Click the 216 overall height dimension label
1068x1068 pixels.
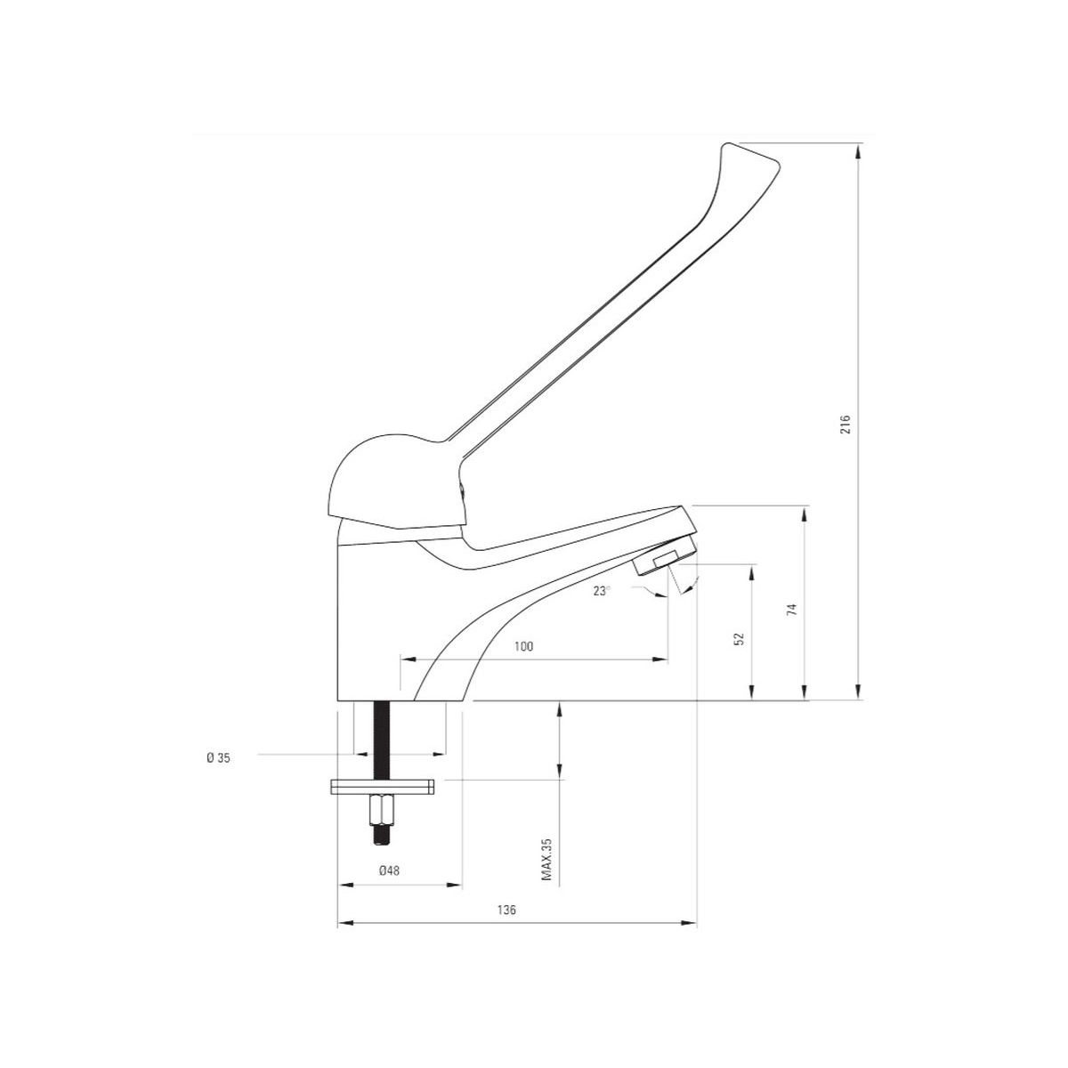[845, 424]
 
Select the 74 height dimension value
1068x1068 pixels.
[792, 609]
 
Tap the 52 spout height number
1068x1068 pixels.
[739, 638]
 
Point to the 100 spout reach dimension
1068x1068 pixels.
[523, 646]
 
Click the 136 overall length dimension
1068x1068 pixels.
[506, 910]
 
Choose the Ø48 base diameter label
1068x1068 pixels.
[389, 870]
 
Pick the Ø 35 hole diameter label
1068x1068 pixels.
[218, 759]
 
